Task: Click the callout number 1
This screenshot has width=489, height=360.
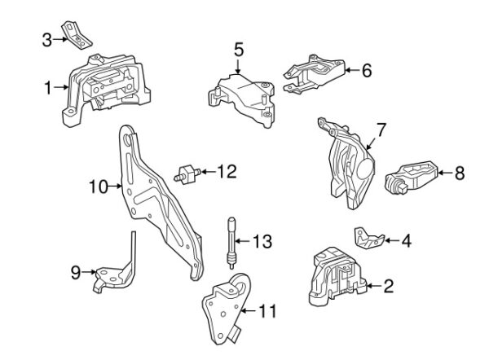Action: [x=48, y=88]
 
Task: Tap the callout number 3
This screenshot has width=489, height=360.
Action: [x=46, y=40]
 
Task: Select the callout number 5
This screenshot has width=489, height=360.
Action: [x=239, y=50]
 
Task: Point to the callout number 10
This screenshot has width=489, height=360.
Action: [x=99, y=187]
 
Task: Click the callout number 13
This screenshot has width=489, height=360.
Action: [x=262, y=241]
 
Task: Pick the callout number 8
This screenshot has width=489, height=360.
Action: [x=460, y=173]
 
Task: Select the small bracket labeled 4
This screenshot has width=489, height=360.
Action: [x=369, y=238]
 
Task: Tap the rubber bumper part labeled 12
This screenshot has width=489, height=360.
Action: [x=186, y=176]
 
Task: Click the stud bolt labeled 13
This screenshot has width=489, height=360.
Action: [x=232, y=243]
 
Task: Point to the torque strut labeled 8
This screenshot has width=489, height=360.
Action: [x=412, y=178]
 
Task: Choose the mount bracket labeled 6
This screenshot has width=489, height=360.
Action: [x=314, y=74]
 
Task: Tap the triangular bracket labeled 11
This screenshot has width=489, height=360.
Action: [x=225, y=308]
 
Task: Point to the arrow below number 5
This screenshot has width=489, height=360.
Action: [x=238, y=67]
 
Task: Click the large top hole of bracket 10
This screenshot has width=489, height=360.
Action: [x=127, y=139]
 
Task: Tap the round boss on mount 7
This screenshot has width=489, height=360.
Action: [x=365, y=169]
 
